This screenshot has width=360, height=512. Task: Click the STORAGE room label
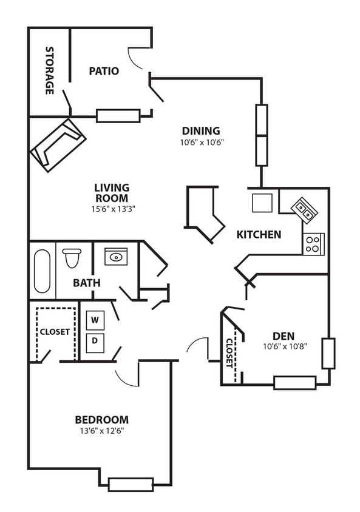tap(50, 70)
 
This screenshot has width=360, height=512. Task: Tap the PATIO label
tap(104, 71)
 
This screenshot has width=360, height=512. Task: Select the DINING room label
tap(201, 130)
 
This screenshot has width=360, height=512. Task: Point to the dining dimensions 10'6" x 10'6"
tap(201, 143)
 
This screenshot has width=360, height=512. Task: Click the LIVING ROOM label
tap(112, 193)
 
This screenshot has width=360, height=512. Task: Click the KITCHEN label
tap(259, 235)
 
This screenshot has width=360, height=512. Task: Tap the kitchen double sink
tap(305, 209)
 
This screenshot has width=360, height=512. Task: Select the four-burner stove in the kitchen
tap(313, 243)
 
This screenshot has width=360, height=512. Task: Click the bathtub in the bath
tap(42, 271)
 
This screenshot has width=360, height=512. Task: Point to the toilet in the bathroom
tap(72, 258)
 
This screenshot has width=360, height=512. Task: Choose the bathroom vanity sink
tap(115, 257)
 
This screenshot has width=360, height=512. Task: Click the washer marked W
tap(95, 319)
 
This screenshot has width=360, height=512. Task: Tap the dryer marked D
tap(95, 342)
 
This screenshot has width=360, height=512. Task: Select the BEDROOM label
tap(101, 420)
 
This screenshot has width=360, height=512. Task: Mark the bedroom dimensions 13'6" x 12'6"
tap(101, 431)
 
